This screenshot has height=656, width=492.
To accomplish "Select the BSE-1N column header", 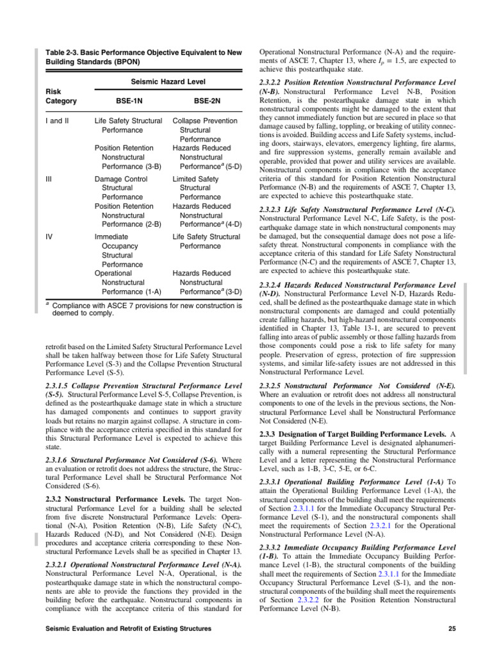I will point(125,101).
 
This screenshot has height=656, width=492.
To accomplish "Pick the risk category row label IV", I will point(49,236).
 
